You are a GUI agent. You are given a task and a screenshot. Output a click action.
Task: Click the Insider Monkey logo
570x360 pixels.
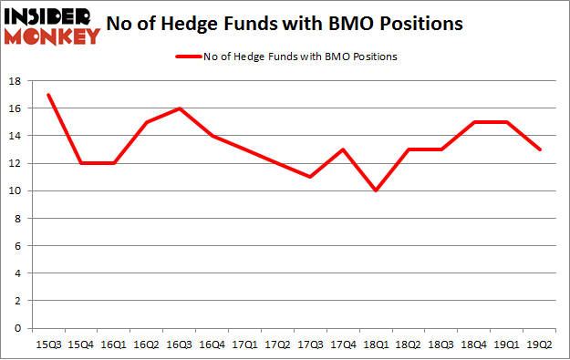tap(51, 26)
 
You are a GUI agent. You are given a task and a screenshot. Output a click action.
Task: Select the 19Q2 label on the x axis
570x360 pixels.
tap(540, 344)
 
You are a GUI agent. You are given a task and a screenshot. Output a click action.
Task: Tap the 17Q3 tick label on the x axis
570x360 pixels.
tap(310, 344)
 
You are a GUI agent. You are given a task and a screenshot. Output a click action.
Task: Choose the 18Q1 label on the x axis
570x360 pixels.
tap(376, 344)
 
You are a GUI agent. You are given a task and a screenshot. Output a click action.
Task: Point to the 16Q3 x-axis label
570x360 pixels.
tap(179, 344)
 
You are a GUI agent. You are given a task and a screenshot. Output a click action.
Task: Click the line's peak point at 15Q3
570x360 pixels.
tap(47, 95)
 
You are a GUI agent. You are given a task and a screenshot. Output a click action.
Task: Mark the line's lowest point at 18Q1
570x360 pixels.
tap(376, 190)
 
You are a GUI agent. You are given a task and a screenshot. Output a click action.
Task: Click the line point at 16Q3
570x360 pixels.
tap(179, 108)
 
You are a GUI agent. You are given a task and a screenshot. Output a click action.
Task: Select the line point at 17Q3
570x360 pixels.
tap(310, 177)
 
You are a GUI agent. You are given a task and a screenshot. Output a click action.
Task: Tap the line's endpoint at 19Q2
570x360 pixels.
tap(540, 149)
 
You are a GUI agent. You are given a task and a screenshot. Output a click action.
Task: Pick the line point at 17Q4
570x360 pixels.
tap(343, 149)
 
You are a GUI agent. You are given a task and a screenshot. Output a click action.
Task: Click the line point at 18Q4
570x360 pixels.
tap(474, 122)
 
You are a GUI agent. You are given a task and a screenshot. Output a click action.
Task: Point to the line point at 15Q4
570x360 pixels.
tap(80, 163)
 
